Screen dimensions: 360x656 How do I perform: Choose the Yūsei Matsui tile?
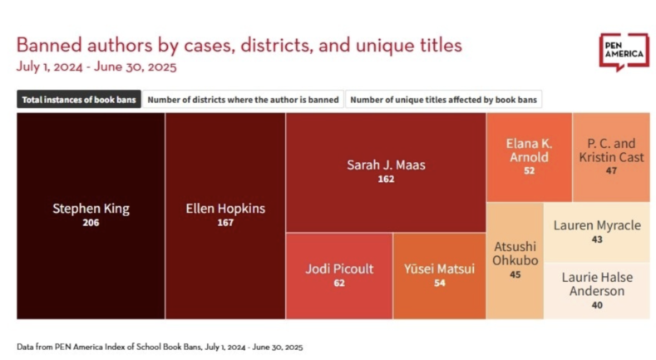(x=439, y=275)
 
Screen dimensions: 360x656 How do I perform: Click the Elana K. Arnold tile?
(x=529, y=157)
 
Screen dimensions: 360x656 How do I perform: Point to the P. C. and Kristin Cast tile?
(x=610, y=157)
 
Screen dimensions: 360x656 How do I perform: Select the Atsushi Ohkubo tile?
(x=515, y=259)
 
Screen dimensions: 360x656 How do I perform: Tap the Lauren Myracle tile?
(x=596, y=230)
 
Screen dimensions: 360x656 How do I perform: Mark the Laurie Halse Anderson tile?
(x=596, y=290)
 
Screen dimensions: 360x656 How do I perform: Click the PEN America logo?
(x=624, y=52)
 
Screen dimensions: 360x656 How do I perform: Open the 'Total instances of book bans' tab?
(x=78, y=100)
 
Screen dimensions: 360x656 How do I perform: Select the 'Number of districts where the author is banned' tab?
(x=243, y=100)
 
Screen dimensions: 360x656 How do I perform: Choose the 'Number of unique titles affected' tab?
(x=443, y=100)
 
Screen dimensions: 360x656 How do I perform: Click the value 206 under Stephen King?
(x=91, y=224)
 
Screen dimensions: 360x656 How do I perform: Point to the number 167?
(x=224, y=224)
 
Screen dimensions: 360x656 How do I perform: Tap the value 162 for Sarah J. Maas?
(x=385, y=179)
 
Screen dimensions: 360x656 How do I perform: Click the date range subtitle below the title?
(x=96, y=66)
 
